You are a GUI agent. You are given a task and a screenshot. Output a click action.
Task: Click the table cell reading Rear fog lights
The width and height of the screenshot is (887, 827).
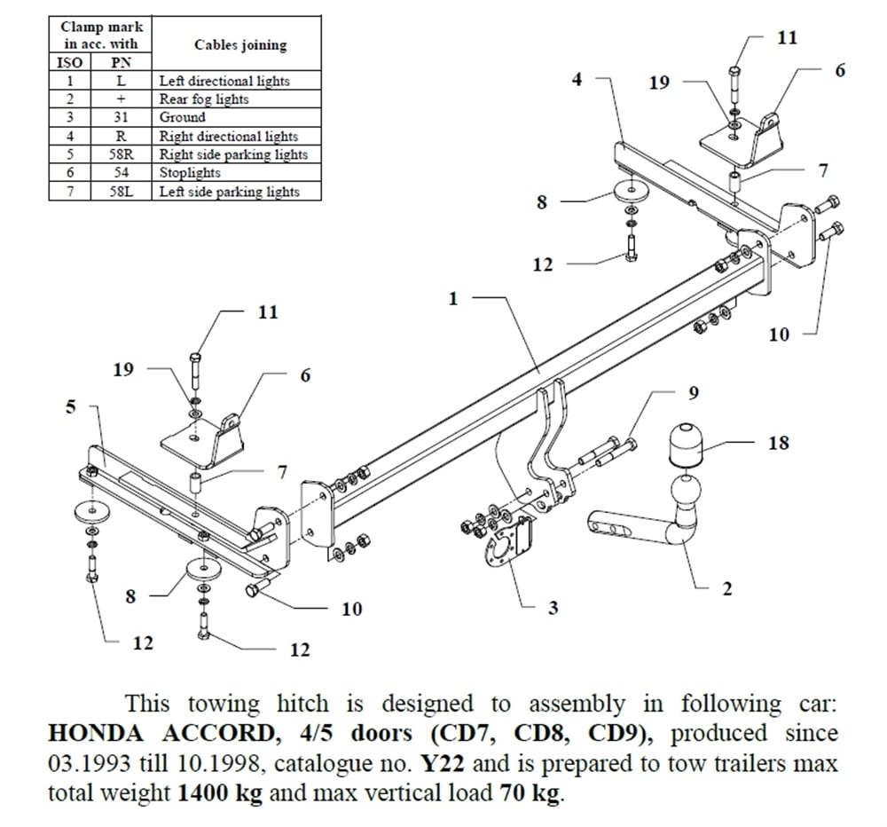tap(204, 99)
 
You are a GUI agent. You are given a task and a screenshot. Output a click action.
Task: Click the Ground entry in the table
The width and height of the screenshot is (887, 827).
tap(183, 118)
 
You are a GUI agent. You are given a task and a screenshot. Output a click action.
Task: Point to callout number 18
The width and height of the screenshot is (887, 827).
tap(777, 442)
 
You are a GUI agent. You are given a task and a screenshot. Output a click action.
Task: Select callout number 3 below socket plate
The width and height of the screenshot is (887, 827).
tap(553, 608)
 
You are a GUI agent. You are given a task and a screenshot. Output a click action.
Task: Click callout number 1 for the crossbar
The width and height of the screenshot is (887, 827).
tap(453, 299)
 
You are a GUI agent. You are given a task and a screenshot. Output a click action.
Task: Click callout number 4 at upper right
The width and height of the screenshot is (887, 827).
tap(577, 80)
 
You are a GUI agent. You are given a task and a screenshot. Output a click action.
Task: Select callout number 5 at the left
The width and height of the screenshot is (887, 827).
tap(71, 407)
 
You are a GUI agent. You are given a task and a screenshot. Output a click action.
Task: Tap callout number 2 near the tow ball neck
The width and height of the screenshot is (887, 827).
tap(727, 588)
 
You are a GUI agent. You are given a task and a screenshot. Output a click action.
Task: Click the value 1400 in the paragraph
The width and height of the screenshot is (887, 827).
tap(203, 792)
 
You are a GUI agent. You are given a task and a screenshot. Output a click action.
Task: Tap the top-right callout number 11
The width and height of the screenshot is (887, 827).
tap(786, 37)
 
